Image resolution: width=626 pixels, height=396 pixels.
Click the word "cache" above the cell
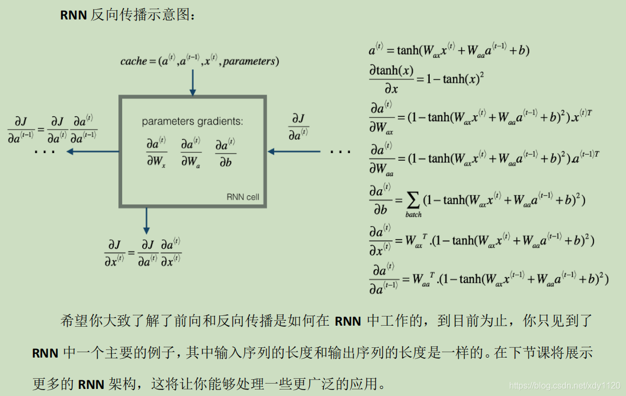pyautogui.click(x=134, y=61)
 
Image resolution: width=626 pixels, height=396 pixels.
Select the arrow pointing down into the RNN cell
pyautogui.click(x=192, y=84)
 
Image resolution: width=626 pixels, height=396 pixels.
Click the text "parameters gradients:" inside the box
pyautogui.click(x=192, y=122)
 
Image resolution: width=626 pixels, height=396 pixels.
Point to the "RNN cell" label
pyautogui.click(x=243, y=197)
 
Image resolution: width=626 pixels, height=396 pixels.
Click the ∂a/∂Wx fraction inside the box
pyautogui.click(x=157, y=153)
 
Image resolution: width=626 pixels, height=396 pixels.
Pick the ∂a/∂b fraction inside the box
pyautogui.click(x=225, y=153)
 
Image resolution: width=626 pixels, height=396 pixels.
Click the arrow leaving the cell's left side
pyautogui.click(x=92, y=151)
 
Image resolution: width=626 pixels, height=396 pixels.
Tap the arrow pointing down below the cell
pyautogui.click(x=146, y=221)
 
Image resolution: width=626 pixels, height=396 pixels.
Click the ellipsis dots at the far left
pyautogui.click(x=44, y=152)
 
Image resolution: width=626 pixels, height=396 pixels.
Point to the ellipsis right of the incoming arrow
pyautogui.click(x=340, y=152)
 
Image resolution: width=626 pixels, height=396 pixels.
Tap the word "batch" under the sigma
pyautogui.click(x=414, y=215)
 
